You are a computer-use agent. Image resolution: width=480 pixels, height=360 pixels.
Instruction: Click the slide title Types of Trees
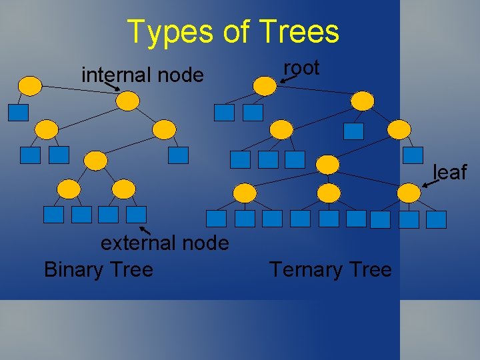coord(233,31)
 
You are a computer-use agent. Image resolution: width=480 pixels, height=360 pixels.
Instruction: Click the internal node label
coord(142,75)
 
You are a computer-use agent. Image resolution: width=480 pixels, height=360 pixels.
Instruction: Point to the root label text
coord(301,67)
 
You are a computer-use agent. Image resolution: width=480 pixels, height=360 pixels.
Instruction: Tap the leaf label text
coord(450,172)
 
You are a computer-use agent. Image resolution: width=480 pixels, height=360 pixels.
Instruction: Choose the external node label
coord(165,243)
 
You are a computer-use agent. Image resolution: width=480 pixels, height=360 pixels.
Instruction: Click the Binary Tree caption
coord(98,269)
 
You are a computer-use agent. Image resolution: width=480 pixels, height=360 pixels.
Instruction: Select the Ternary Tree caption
coord(330,269)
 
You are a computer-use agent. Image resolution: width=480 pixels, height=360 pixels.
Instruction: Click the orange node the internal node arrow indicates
coord(127,101)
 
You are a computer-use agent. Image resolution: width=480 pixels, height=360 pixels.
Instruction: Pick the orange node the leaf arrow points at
coord(409,193)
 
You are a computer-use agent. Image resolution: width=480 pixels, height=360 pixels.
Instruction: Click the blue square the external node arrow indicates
coord(136,214)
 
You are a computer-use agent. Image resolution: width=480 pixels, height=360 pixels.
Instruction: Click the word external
coord(137,243)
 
